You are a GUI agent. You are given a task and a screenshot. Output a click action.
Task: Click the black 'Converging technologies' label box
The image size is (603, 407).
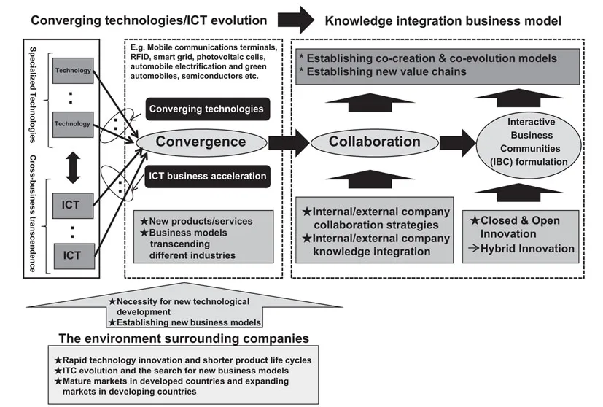206,109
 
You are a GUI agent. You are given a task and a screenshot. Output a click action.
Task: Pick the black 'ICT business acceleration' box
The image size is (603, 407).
206,176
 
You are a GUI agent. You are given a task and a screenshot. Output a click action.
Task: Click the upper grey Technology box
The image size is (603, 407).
72,71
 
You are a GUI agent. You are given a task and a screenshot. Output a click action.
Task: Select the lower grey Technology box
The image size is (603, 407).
72,124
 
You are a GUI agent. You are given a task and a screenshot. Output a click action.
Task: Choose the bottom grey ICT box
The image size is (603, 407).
72,256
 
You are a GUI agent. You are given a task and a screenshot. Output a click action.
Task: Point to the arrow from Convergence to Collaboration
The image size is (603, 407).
287,142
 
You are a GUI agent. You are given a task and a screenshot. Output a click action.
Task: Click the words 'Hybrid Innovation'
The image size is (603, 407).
532,249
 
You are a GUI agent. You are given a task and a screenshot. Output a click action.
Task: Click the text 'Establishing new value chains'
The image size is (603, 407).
386,71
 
